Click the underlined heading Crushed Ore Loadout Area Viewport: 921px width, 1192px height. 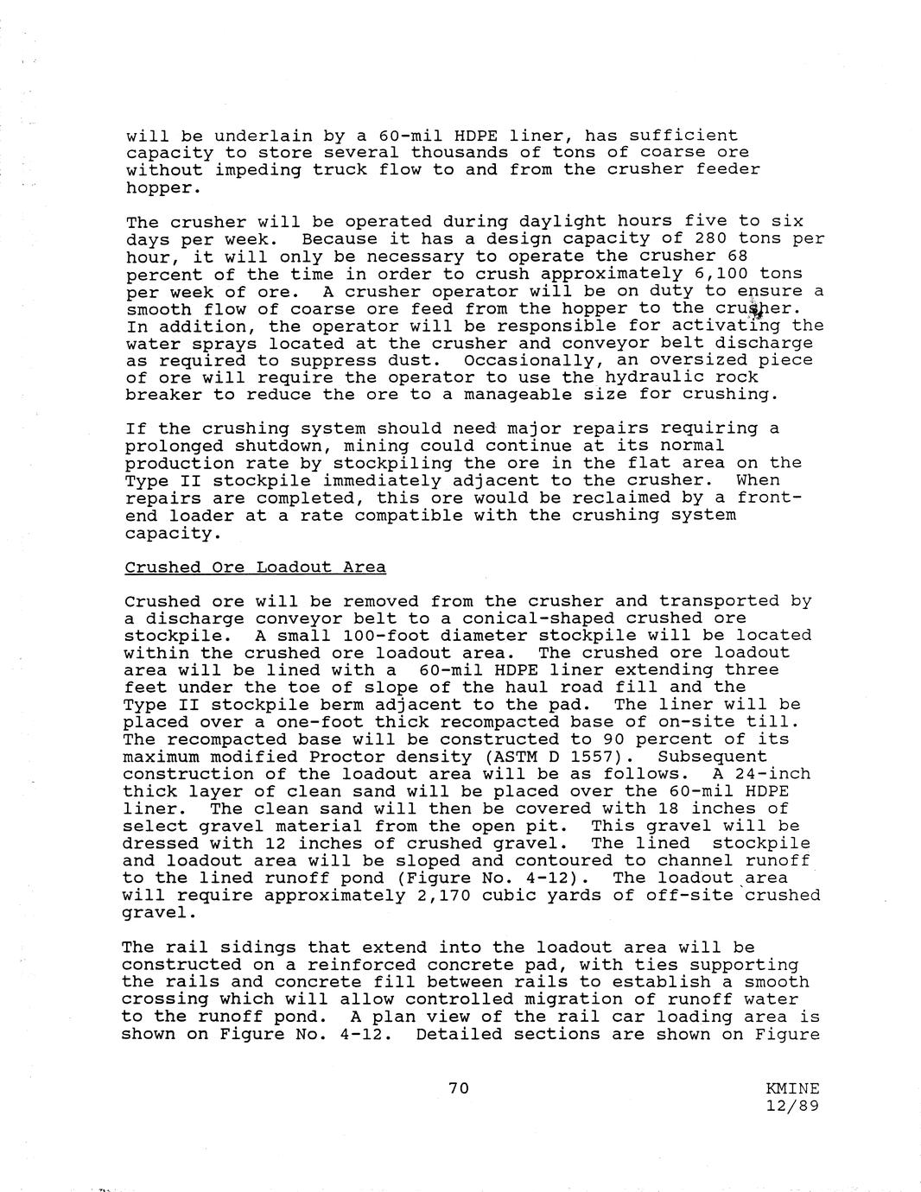tap(255, 567)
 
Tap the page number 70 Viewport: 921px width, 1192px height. tap(459, 1088)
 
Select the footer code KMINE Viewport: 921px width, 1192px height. tap(792, 1089)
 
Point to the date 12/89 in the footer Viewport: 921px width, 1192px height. tap(792, 1106)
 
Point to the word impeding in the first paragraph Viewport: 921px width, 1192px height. tap(258, 170)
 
